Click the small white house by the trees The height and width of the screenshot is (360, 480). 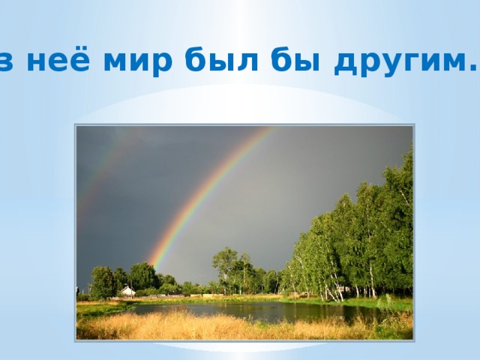[x=128, y=290]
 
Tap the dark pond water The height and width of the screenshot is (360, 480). [x=247, y=310]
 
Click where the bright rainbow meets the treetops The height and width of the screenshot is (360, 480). [x=154, y=263]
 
